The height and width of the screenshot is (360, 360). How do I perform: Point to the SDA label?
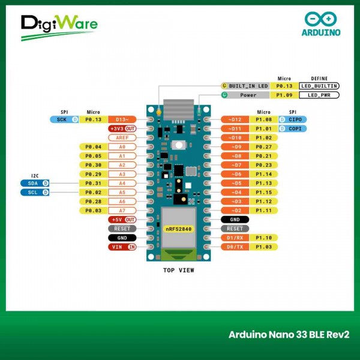(34, 183)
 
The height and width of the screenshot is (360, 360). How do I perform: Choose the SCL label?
(34, 192)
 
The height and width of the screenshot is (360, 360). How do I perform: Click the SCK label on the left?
(63, 119)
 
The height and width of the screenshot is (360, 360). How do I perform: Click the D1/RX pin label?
(235, 238)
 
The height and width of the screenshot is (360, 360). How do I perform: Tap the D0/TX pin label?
(235, 247)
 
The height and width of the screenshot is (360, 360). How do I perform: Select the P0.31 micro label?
(93, 183)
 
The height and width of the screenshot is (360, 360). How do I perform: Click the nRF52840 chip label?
(178, 229)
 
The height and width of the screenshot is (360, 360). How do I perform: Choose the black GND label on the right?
(235, 220)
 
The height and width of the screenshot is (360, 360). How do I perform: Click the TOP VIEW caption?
(179, 270)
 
